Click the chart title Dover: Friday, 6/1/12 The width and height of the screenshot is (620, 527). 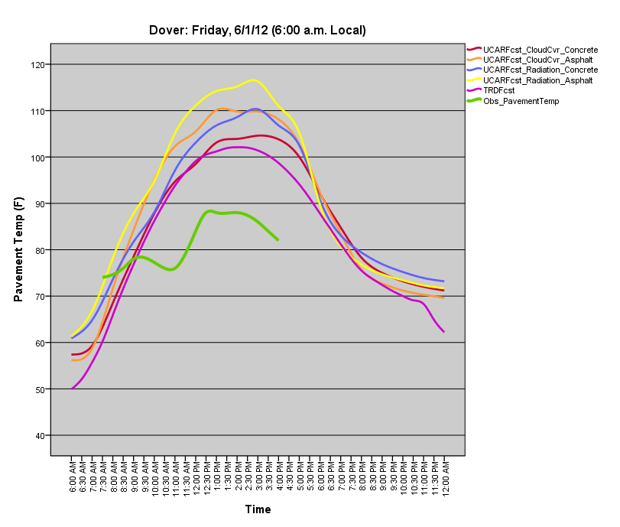tap(258, 31)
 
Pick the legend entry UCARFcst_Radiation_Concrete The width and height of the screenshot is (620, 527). tap(540, 70)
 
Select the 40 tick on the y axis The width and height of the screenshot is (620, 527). tap(40, 436)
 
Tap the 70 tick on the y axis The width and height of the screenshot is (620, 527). tap(40, 297)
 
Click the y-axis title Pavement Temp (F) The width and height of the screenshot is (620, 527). tap(19, 249)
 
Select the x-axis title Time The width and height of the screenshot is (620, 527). tap(258, 509)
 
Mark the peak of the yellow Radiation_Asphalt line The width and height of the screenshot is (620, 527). tap(253, 80)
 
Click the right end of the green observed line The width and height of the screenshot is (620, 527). tap(278, 240)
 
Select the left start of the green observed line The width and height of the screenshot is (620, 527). tap(103, 277)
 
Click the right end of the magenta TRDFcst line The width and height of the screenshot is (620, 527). tap(443, 331)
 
